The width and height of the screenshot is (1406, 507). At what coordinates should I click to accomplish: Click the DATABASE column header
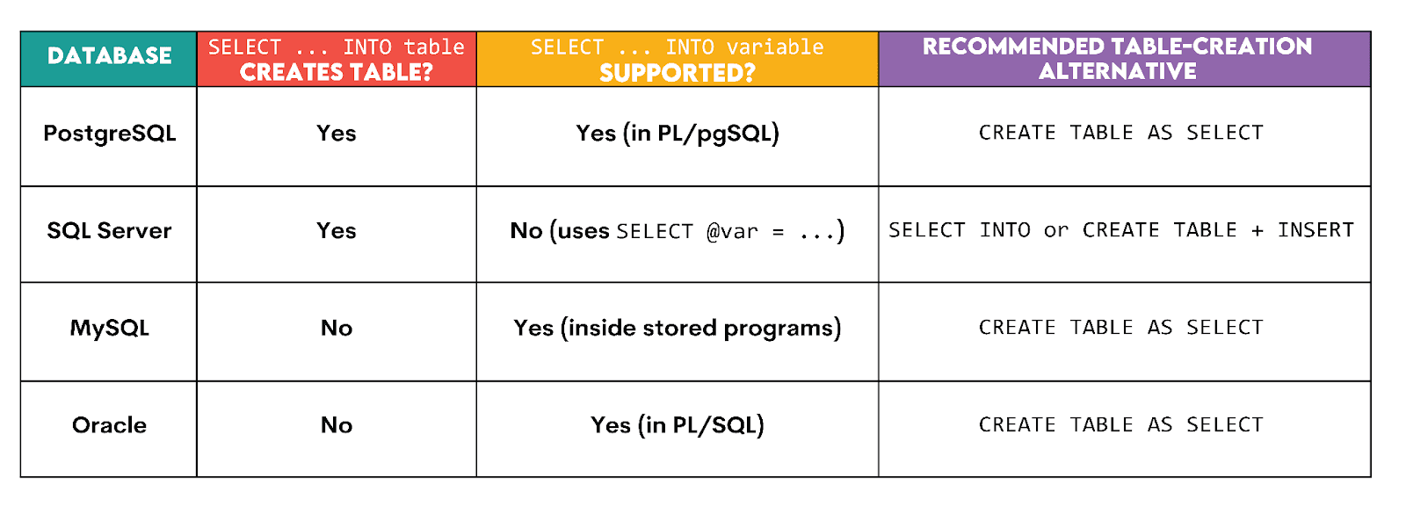coord(109,56)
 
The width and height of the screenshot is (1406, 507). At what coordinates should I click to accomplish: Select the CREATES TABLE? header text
coord(336,72)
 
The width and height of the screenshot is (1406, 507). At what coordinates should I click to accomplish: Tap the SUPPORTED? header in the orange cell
coord(677,73)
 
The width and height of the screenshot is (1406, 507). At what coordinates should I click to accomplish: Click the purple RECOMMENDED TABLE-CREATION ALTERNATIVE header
coord(1117,59)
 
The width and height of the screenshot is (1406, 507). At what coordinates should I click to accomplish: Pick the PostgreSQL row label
coord(110,134)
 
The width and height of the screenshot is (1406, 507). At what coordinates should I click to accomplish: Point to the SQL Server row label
coord(109,231)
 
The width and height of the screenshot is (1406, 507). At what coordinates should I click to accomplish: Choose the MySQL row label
coord(110,329)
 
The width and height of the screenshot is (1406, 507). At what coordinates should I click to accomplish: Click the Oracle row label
coord(109,425)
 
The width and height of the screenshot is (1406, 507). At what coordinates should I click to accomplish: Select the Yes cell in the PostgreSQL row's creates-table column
coord(337,134)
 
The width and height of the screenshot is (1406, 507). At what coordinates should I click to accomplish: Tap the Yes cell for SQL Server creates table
coord(337,231)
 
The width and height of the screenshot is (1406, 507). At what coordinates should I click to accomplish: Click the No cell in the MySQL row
coord(337,329)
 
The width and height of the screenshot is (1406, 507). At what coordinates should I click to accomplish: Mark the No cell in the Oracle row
coord(337,425)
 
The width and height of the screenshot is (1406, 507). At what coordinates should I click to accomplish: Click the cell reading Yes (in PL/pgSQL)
coord(678,134)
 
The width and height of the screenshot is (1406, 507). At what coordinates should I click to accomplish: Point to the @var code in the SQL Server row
coord(732,232)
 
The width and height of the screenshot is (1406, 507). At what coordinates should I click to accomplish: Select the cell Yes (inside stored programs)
coord(678,329)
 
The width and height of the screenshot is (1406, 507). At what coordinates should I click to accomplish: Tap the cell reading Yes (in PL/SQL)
coord(678,425)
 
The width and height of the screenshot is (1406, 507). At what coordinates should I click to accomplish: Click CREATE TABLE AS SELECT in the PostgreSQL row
coord(1120,133)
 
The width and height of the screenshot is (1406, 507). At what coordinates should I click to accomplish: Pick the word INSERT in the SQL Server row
coord(1315,230)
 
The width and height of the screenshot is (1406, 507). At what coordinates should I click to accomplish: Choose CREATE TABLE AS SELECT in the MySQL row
coord(1120,328)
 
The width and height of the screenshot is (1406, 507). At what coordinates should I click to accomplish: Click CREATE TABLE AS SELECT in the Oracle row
coord(1120,425)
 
